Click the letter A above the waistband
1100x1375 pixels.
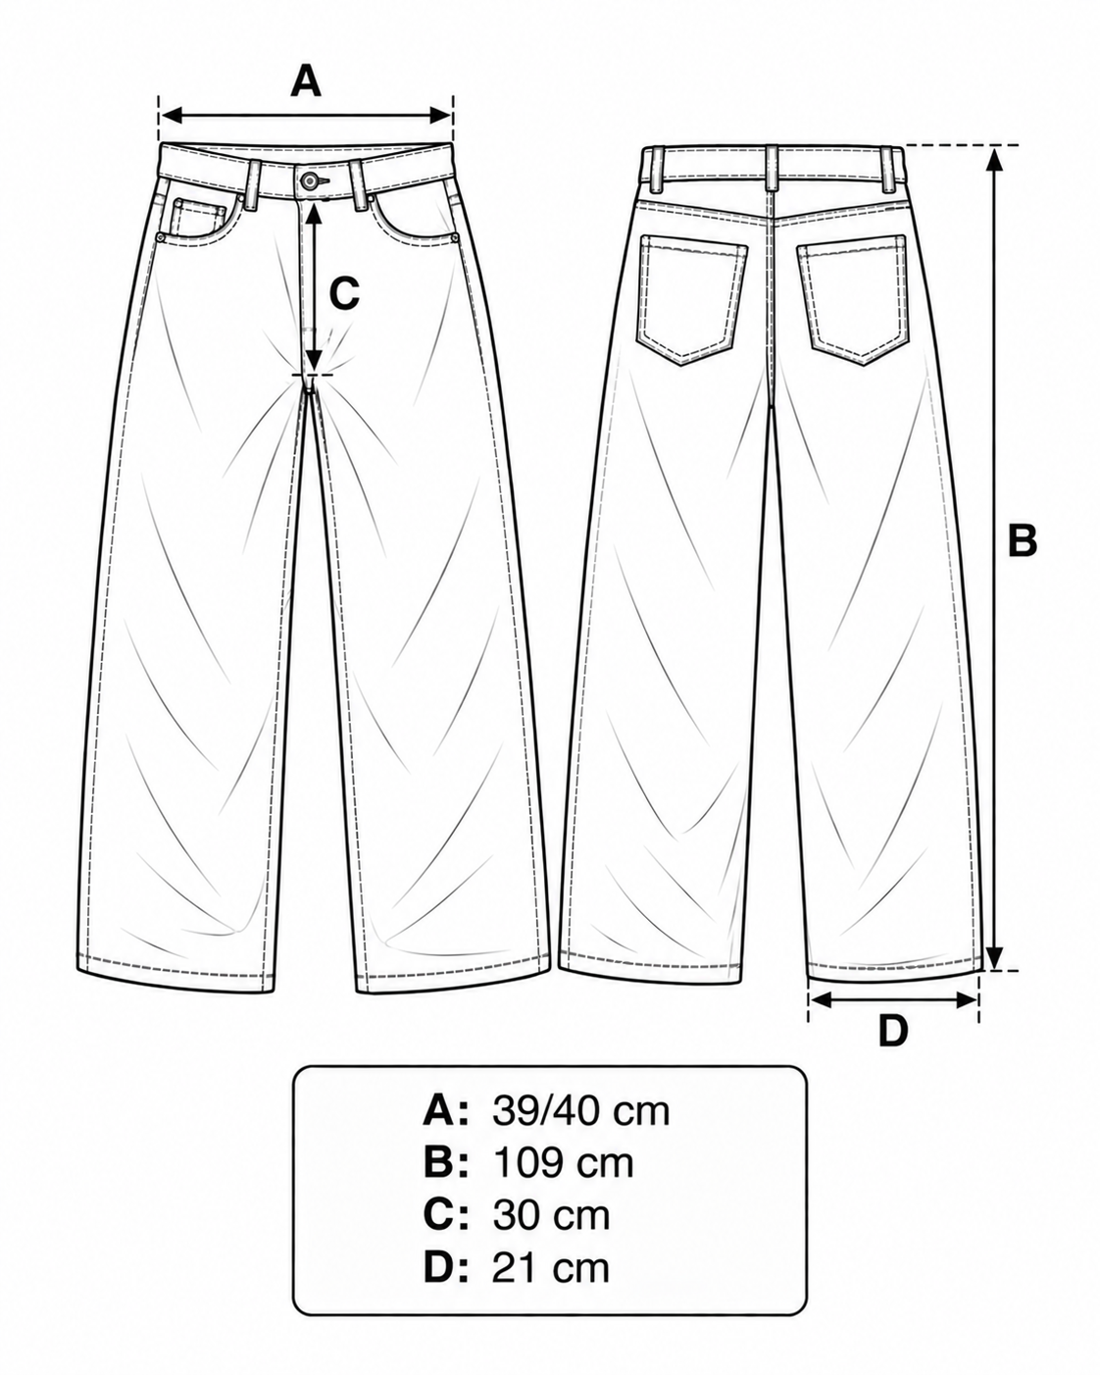(x=305, y=80)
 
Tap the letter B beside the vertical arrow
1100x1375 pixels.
(x=1023, y=540)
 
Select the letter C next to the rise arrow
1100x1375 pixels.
(x=344, y=294)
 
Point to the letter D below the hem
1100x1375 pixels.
(x=892, y=1031)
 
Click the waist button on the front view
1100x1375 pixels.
(x=310, y=180)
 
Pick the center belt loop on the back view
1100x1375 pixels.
(x=773, y=167)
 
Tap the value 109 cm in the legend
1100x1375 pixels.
(x=564, y=1164)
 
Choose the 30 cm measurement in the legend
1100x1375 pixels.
(x=551, y=1216)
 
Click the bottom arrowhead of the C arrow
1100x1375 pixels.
(x=313, y=358)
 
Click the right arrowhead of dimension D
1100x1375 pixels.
(x=966, y=1000)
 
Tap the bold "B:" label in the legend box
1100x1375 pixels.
(x=446, y=1164)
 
